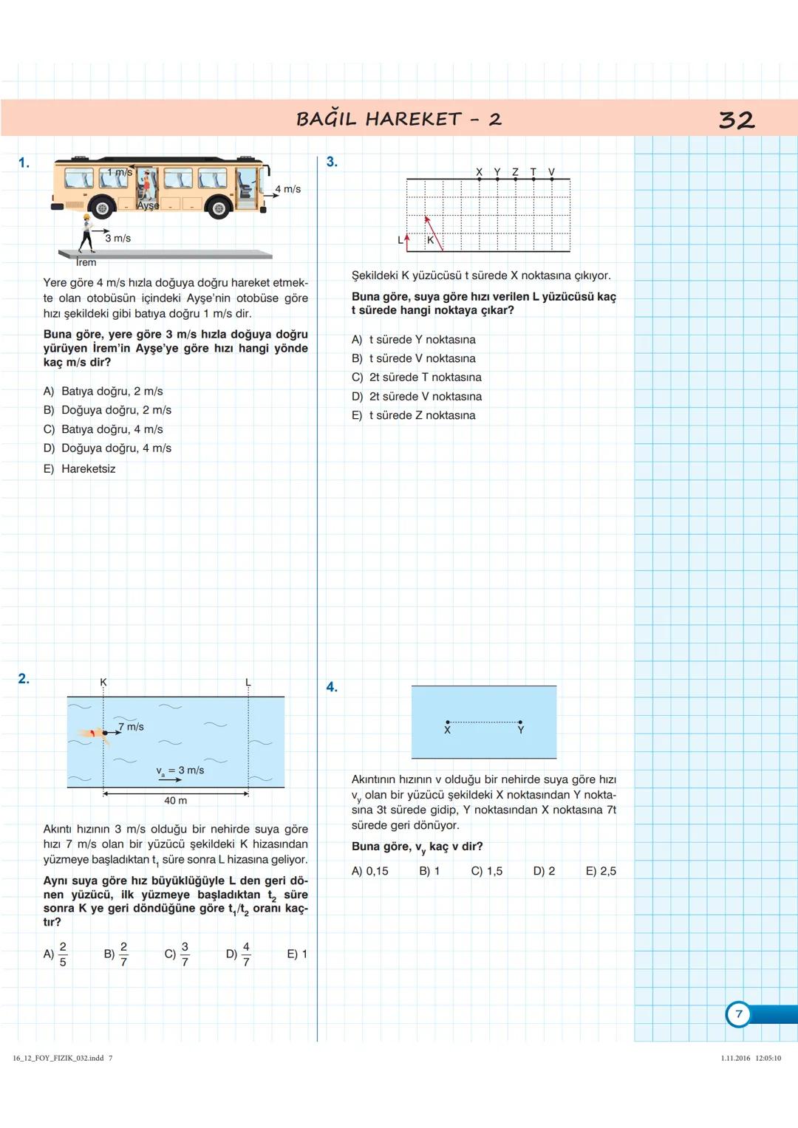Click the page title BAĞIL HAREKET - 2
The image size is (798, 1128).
coord(398,119)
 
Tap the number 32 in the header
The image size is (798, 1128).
coord(736,120)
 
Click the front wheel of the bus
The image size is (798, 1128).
coord(219,208)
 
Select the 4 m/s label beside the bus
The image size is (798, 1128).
coord(288,189)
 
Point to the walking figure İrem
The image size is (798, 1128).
coord(87,233)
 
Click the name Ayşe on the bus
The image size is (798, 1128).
coord(148,205)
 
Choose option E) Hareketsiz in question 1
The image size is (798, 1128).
coord(80,469)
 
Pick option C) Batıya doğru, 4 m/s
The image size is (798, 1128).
coord(103,429)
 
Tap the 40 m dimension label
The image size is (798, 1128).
coord(175,801)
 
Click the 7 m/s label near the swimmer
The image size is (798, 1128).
coord(131,727)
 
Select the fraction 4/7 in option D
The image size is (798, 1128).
coord(246,954)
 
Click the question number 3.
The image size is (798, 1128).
coord(332,162)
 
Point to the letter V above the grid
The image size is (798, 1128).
coord(551,172)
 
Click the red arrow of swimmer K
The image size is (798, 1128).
coord(433,233)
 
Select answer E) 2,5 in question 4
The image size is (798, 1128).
coord(601,872)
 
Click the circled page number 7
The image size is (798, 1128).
coord(738,1014)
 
